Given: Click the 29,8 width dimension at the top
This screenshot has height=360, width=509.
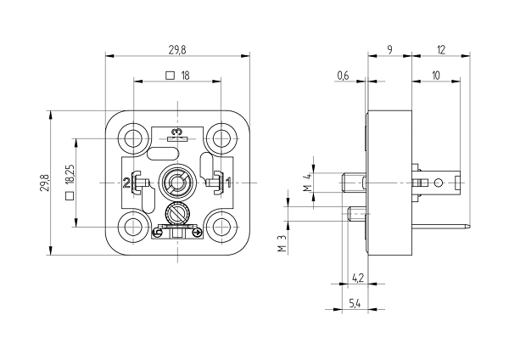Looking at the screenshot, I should tap(177, 49).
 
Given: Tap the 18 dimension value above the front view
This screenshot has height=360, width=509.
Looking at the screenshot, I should tap(185, 76).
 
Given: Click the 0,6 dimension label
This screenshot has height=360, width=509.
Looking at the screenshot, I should tap(343, 76).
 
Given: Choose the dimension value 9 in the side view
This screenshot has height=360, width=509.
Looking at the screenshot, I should tap(389, 49).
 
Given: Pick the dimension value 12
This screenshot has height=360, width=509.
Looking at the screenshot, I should tap(440, 49).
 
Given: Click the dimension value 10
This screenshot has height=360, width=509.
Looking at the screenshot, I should tap(435, 76).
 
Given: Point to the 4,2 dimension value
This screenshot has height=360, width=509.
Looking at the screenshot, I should tap(357, 277).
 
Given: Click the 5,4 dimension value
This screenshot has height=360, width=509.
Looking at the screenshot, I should tap(355, 302).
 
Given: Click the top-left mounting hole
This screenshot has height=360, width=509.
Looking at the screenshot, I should tap(133, 138).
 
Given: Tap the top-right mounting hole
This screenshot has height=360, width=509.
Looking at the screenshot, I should tap(222, 138).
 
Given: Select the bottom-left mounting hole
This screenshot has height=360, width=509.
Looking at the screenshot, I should tap(133, 227).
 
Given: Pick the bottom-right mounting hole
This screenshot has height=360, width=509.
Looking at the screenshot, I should tap(222, 227).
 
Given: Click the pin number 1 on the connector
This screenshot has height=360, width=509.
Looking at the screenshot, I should tap(227, 183).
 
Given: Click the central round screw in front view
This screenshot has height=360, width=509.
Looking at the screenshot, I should tap(177, 183).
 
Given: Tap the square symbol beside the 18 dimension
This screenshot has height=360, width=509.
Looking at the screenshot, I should tap(170, 76).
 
